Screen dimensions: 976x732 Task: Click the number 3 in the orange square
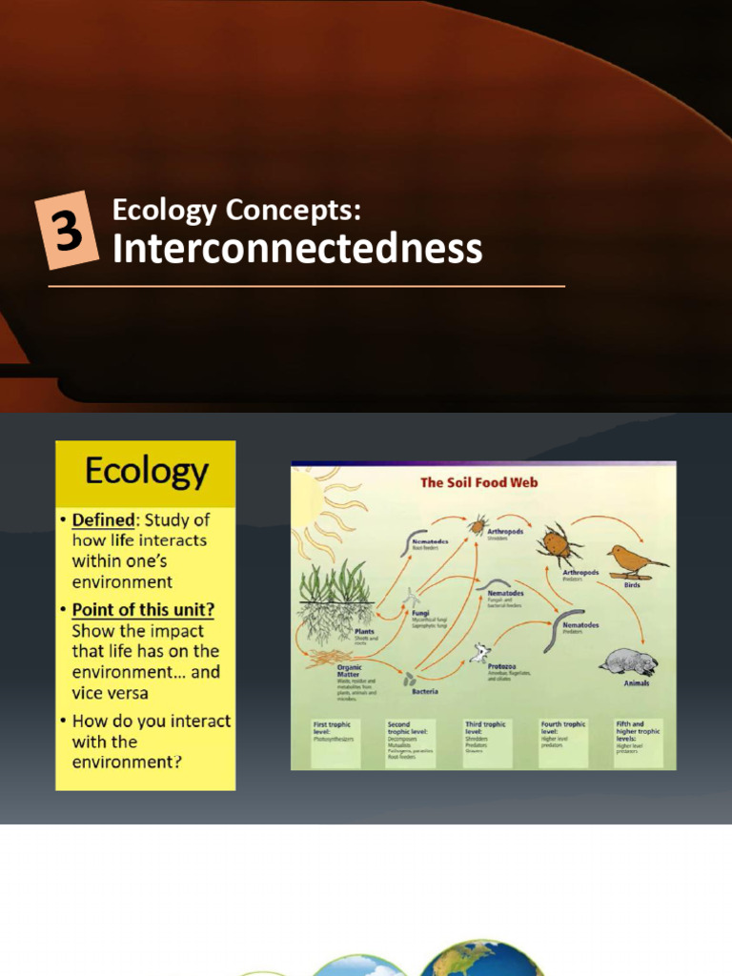tap(68, 231)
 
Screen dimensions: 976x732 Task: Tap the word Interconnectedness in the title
tap(297, 250)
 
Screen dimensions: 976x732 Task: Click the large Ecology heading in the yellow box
tap(146, 472)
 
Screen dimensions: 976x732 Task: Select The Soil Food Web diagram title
tap(479, 482)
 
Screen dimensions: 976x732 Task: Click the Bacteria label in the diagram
tap(425, 690)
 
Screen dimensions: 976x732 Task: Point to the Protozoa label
tap(503, 665)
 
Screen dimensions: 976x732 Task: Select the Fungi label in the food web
tap(420, 614)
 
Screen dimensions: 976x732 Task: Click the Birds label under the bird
tap(632, 585)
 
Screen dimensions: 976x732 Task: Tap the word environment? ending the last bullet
tap(127, 762)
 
